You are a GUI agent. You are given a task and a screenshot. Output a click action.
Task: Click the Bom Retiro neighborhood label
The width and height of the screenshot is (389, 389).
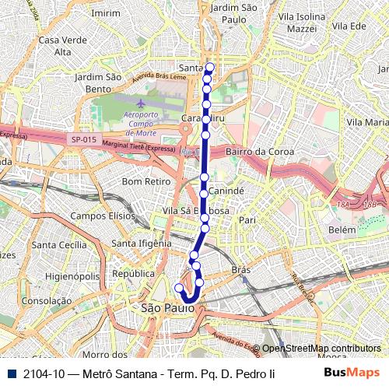[141, 181]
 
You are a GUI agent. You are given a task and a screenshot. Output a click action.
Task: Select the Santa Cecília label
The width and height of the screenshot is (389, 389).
[59, 244]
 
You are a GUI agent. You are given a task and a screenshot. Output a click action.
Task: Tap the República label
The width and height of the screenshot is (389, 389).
[133, 274]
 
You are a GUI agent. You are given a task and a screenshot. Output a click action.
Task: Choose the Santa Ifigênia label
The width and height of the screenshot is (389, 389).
[141, 244]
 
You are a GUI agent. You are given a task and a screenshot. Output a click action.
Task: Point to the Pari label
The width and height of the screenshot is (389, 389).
[247, 220]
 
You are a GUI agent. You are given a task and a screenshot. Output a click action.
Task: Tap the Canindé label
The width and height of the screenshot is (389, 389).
[228, 190]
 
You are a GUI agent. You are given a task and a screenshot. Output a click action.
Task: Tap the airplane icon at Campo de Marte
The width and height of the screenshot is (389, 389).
[140, 103]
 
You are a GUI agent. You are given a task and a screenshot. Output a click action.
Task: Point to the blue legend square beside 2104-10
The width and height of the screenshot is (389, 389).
[9, 373]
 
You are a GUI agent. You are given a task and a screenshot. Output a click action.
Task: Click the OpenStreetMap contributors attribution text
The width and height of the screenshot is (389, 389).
[321, 348]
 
